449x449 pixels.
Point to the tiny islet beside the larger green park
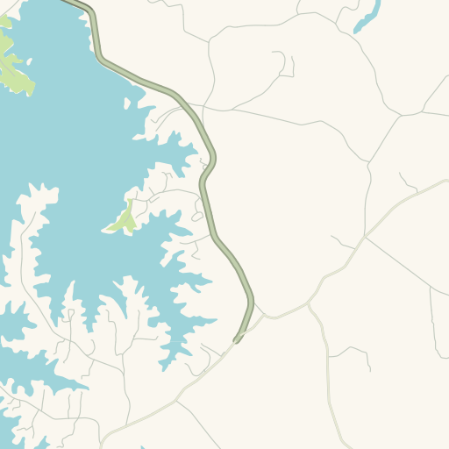[29, 61]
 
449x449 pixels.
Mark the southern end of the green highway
[236, 339]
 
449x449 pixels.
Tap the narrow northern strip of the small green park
[129, 207]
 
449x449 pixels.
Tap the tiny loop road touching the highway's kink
[198, 215]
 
